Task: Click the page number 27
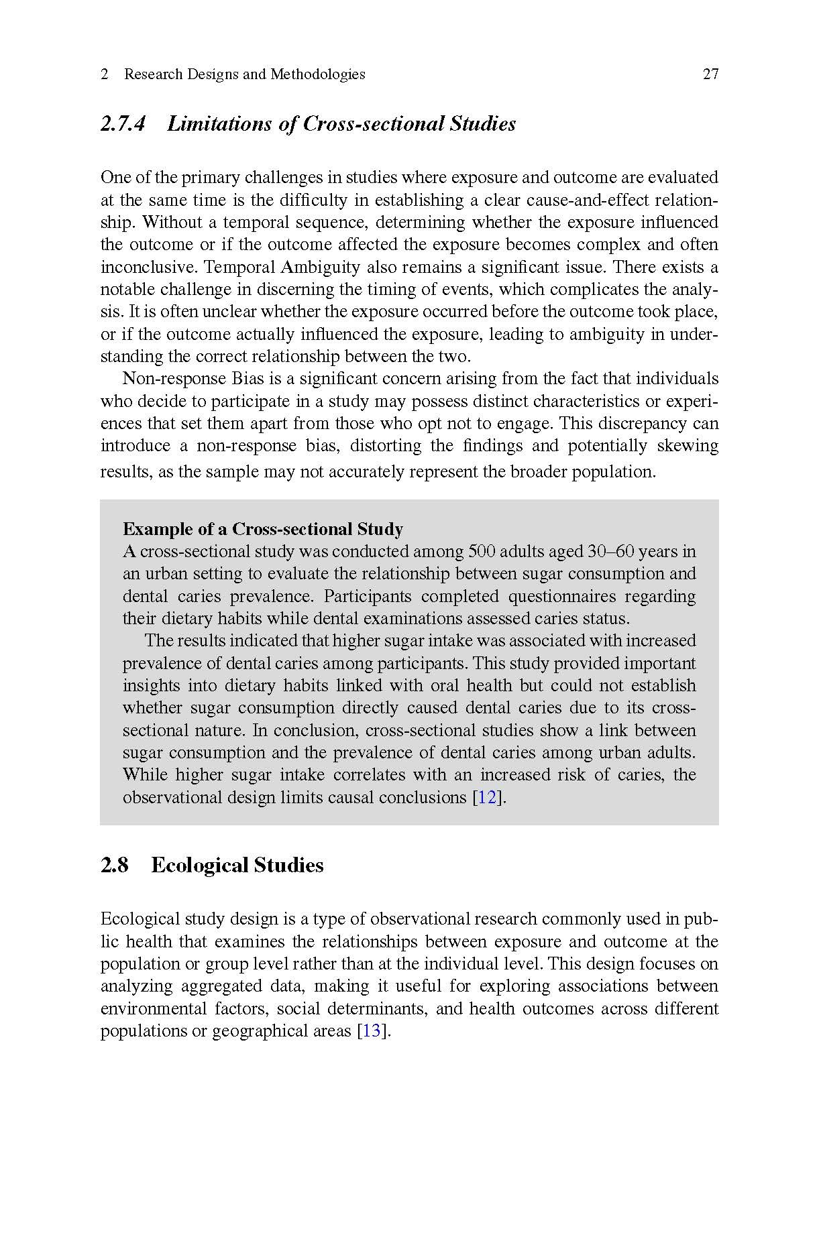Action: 710,74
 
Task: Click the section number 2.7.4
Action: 123,124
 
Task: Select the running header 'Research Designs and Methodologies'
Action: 244,74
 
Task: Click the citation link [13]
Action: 372,1031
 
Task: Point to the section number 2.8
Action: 114,866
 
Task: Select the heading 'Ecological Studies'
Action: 237,866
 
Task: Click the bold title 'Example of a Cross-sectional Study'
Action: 263,530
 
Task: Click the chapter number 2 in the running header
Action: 105,74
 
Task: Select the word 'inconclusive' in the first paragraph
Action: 148,268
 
